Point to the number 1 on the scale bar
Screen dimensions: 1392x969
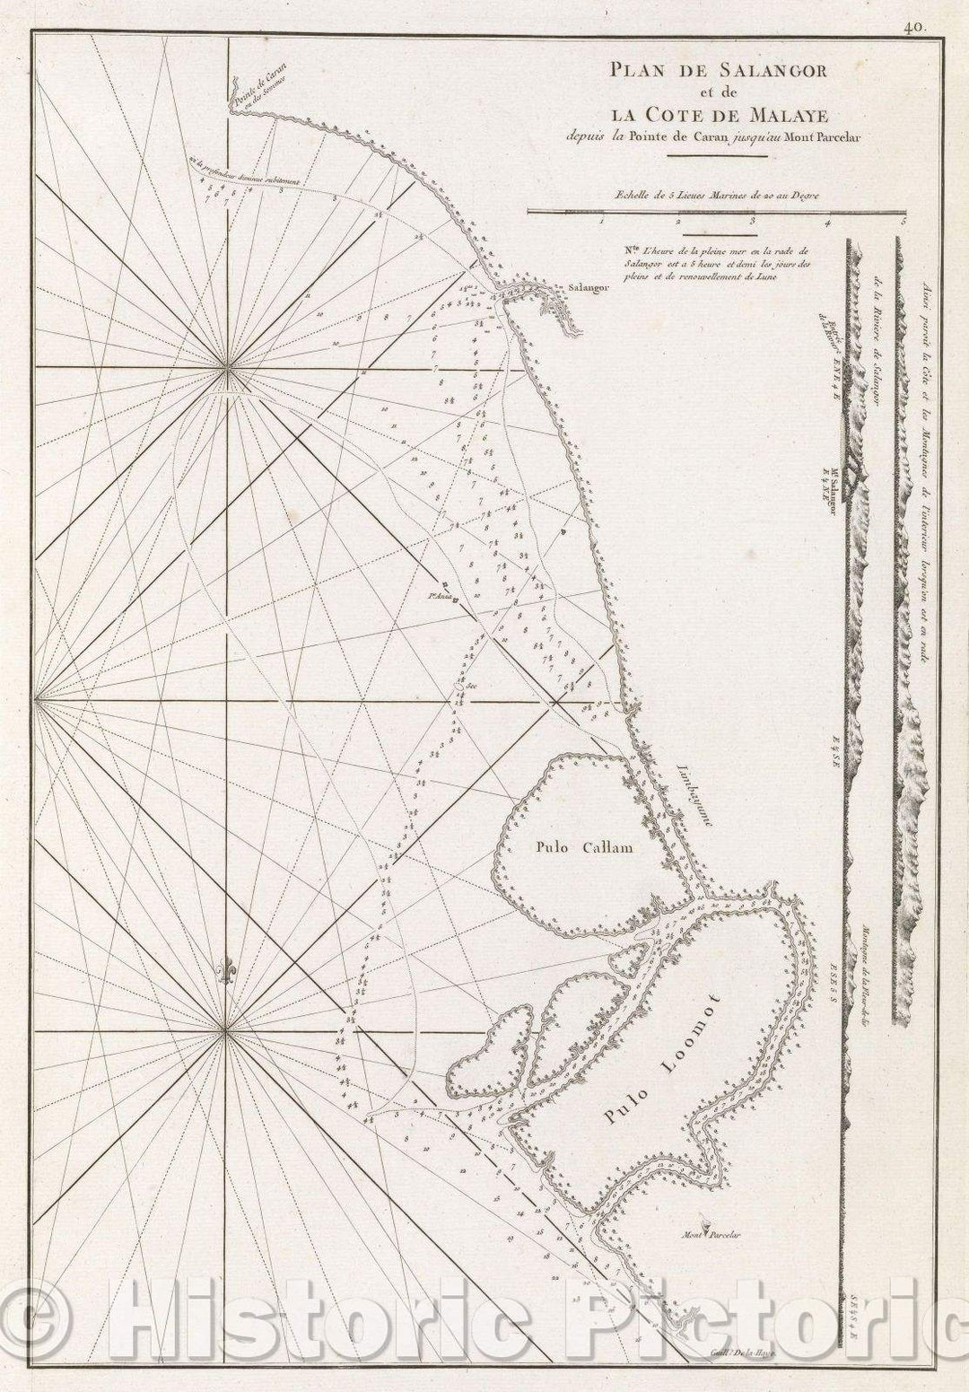pos(601,219)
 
